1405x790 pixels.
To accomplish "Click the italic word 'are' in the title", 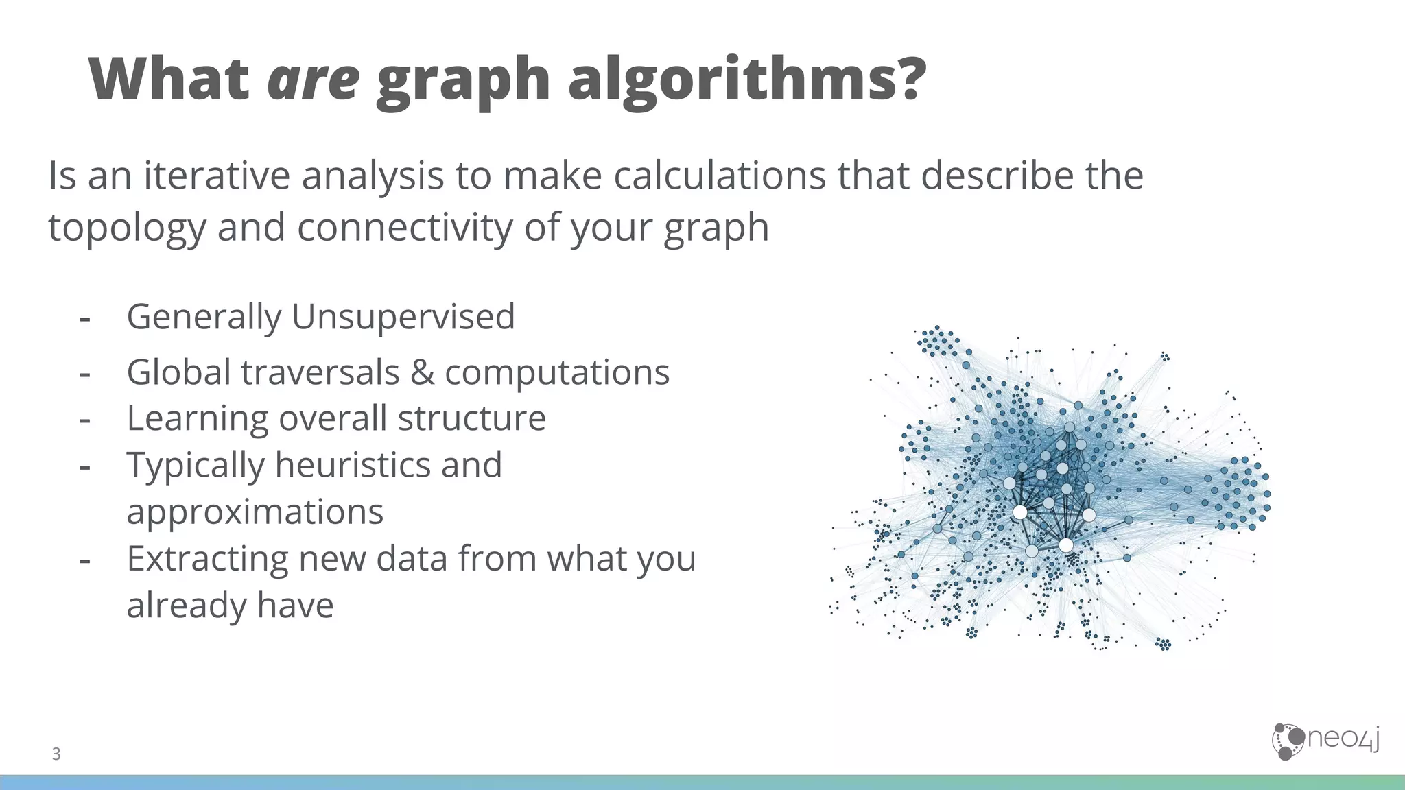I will pos(313,80).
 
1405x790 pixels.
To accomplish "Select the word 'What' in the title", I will pos(169,80).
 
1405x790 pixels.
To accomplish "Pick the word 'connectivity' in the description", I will pos(404,228).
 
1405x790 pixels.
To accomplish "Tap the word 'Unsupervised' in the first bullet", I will pos(403,317).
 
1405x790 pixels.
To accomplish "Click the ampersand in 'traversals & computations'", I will pos(422,372).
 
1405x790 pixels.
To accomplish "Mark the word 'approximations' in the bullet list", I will pos(255,512).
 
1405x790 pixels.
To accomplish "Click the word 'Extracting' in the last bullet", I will pos(207,559).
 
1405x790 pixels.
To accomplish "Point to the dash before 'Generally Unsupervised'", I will pos(85,318).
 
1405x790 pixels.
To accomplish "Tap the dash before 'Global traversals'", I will pos(85,374).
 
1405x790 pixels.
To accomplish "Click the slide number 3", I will pos(56,754).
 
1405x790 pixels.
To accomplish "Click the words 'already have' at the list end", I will pos(230,606).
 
